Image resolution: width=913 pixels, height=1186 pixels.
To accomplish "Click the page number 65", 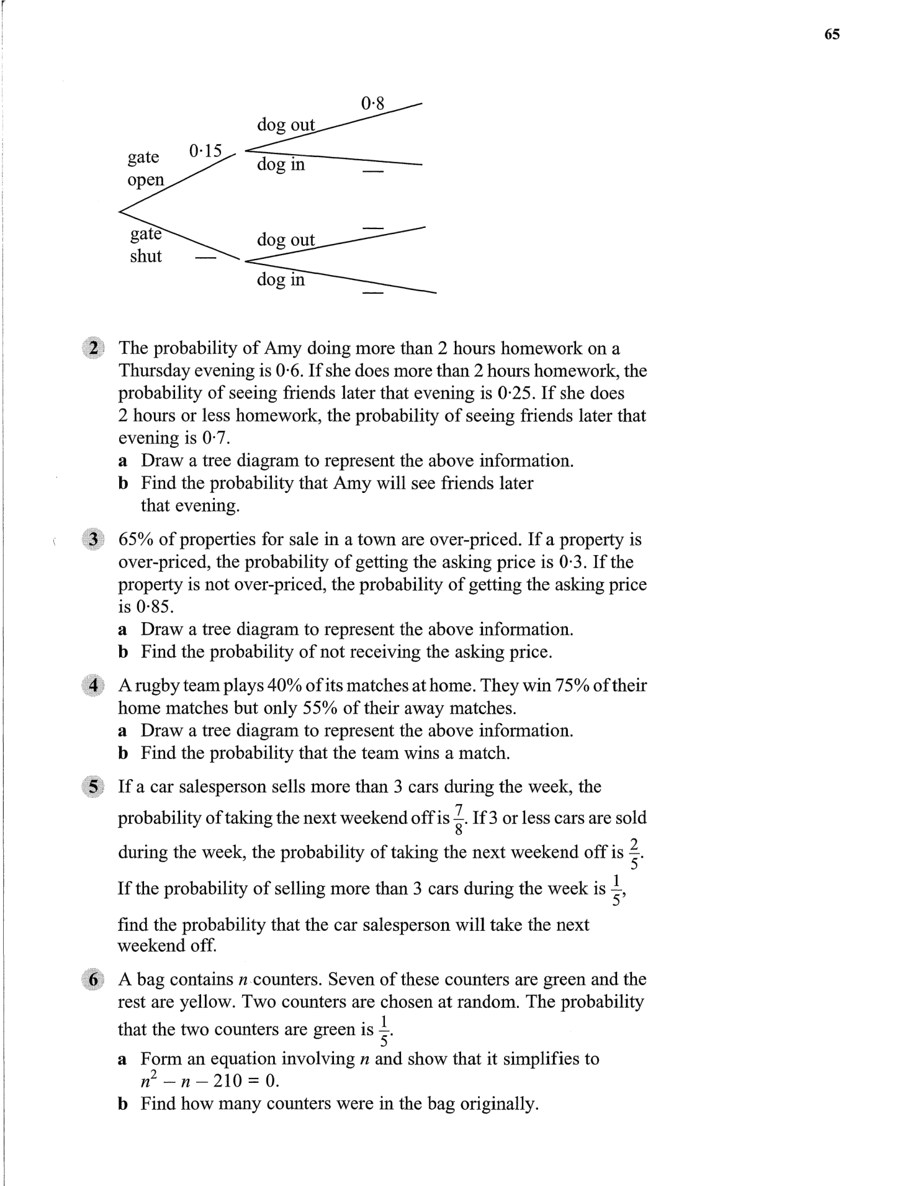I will click(x=832, y=35).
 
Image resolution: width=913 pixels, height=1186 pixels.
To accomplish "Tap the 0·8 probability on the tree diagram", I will click(x=372, y=102).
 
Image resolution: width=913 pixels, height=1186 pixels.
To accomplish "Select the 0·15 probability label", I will click(x=205, y=151).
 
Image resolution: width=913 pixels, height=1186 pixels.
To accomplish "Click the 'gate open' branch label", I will click(x=145, y=168).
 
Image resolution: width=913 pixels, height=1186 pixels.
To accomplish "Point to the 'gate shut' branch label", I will click(x=146, y=245).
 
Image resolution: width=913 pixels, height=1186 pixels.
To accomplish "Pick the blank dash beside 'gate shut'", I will click(x=205, y=257).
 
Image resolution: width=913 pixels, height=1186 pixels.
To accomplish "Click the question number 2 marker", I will click(x=94, y=348).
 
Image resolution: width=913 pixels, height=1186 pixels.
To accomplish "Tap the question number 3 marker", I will click(x=94, y=539).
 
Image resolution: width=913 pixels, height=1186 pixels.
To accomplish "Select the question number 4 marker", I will click(x=94, y=686).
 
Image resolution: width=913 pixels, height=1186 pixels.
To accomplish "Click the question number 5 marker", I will click(x=94, y=787).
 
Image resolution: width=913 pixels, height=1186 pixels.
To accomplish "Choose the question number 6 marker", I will click(x=94, y=979).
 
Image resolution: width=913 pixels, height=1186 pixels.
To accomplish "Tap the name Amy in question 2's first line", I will click(x=283, y=348).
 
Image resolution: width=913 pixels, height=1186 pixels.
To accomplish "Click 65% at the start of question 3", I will click(x=136, y=539).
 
